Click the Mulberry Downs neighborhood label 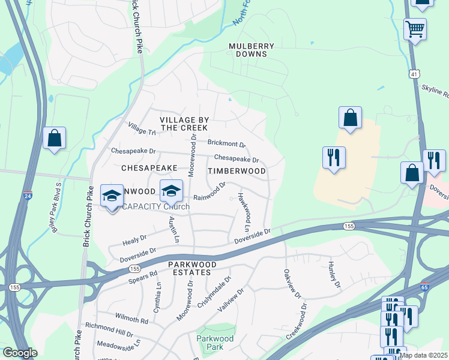point(252,50)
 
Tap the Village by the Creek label point(184,124)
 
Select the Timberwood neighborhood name point(237,171)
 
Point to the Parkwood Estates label point(189,268)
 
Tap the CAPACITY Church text point(156,207)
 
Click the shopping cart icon point(415,28)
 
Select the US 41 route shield point(414,73)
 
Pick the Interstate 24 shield point(28,196)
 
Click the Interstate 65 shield point(425,287)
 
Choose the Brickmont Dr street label point(227,144)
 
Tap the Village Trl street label point(142,128)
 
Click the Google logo point(20,353)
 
